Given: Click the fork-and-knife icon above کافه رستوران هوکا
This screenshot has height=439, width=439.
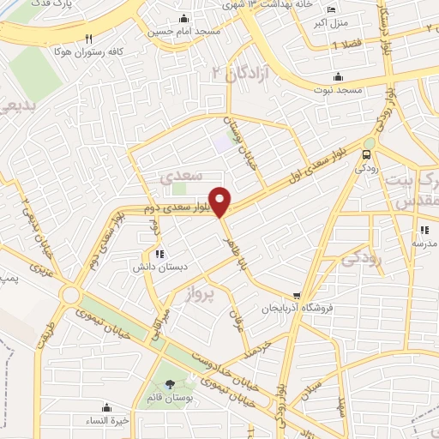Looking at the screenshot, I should click(x=90, y=39).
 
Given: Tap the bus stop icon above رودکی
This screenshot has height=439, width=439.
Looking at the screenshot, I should click(x=367, y=155).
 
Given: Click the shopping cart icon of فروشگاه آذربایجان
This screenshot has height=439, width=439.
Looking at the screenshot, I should click(x=297, y=296).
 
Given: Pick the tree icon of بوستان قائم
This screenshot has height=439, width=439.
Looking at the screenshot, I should click(x=168, y=382).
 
